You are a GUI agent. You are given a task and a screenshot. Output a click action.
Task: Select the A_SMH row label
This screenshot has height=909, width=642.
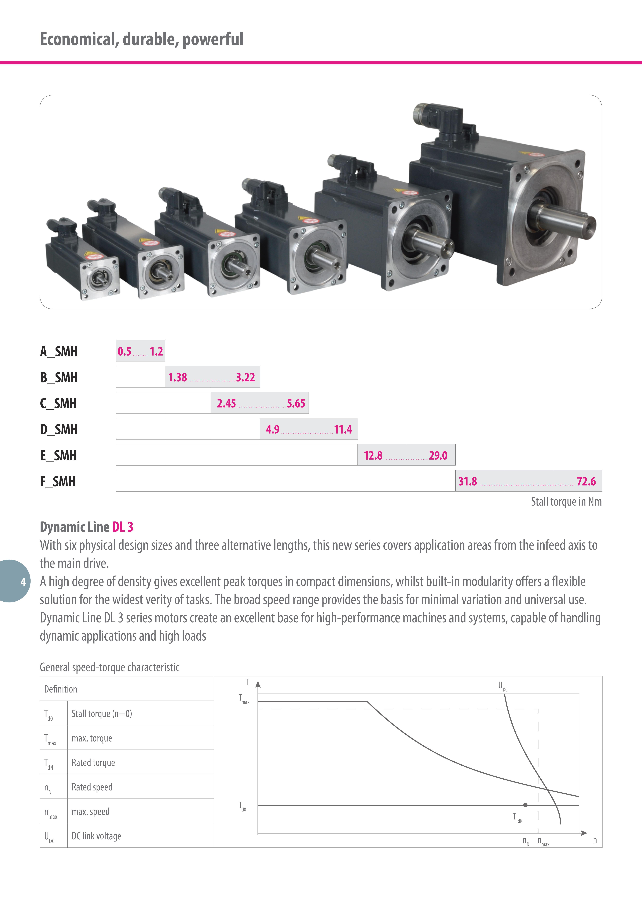pos(59,351)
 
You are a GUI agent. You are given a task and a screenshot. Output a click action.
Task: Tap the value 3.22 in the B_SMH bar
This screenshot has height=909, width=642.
pos(245,377)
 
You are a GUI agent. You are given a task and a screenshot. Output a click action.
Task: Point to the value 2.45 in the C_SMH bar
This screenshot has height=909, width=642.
pos(226,403)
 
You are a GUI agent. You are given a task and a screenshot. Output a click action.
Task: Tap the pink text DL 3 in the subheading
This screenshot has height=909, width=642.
pos(123,527)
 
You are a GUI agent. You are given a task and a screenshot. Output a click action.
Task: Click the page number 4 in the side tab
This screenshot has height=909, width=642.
pos(23,582)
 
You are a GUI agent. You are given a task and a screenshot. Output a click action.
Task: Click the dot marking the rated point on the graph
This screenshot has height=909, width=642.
pos(525,805)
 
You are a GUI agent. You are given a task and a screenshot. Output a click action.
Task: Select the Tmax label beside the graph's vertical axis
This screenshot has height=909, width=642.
pos(244,699)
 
